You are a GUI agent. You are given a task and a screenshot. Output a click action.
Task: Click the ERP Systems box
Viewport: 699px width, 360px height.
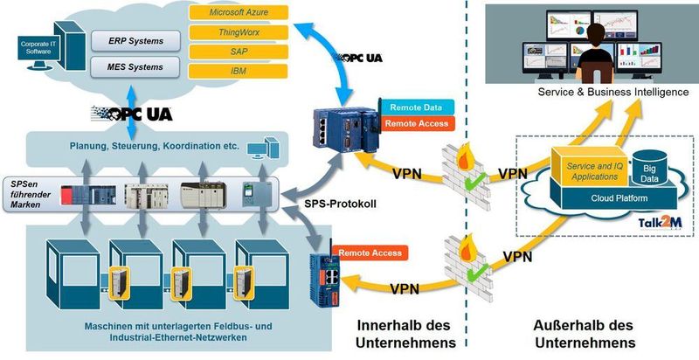[x=139, y=40]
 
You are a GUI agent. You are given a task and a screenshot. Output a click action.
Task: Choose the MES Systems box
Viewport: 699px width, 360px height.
[x=139, y=66]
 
